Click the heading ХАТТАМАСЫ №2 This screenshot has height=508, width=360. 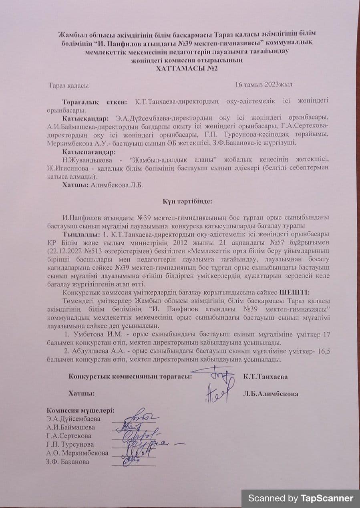187,68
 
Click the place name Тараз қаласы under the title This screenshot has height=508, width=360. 68,85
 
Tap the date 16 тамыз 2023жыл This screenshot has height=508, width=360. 264,85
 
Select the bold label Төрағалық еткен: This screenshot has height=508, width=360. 95,102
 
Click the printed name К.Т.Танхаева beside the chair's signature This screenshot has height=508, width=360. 265,377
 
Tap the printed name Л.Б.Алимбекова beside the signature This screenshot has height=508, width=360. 270,393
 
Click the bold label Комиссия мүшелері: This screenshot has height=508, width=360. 80,410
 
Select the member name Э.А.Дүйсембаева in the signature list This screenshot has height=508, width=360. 74,419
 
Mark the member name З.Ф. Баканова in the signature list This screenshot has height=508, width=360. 68,462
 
